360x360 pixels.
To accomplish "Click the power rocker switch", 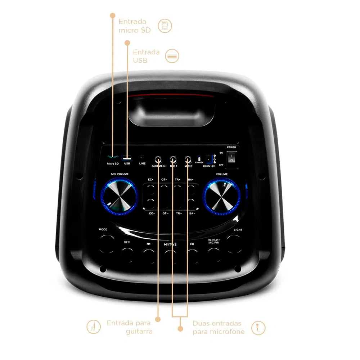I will (x=232, y=157).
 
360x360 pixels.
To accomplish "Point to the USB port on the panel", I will (x=126, y=158).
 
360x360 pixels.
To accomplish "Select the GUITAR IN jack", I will (x=158, y=159).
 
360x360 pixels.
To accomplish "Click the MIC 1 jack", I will (x=173, y=159).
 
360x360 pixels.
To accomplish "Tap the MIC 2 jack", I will (x=188, y=159).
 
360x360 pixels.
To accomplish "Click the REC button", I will (x=127, y=254).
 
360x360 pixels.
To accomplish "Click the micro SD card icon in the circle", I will (x=165, y=26).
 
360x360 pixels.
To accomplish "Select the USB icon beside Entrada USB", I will (x=172, y=56).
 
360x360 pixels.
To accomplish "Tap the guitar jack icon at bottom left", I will (x=94, y=327).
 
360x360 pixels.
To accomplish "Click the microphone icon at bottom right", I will (x=258, y=328).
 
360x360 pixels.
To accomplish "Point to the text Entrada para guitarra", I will (x=129, y=327).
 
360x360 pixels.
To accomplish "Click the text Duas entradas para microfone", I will (x=219, y=327).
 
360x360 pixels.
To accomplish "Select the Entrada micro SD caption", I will (x=134, y=26).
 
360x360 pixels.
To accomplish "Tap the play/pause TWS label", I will (x=170, y=244).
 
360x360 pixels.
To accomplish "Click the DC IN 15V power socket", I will (x=208, y=158).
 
